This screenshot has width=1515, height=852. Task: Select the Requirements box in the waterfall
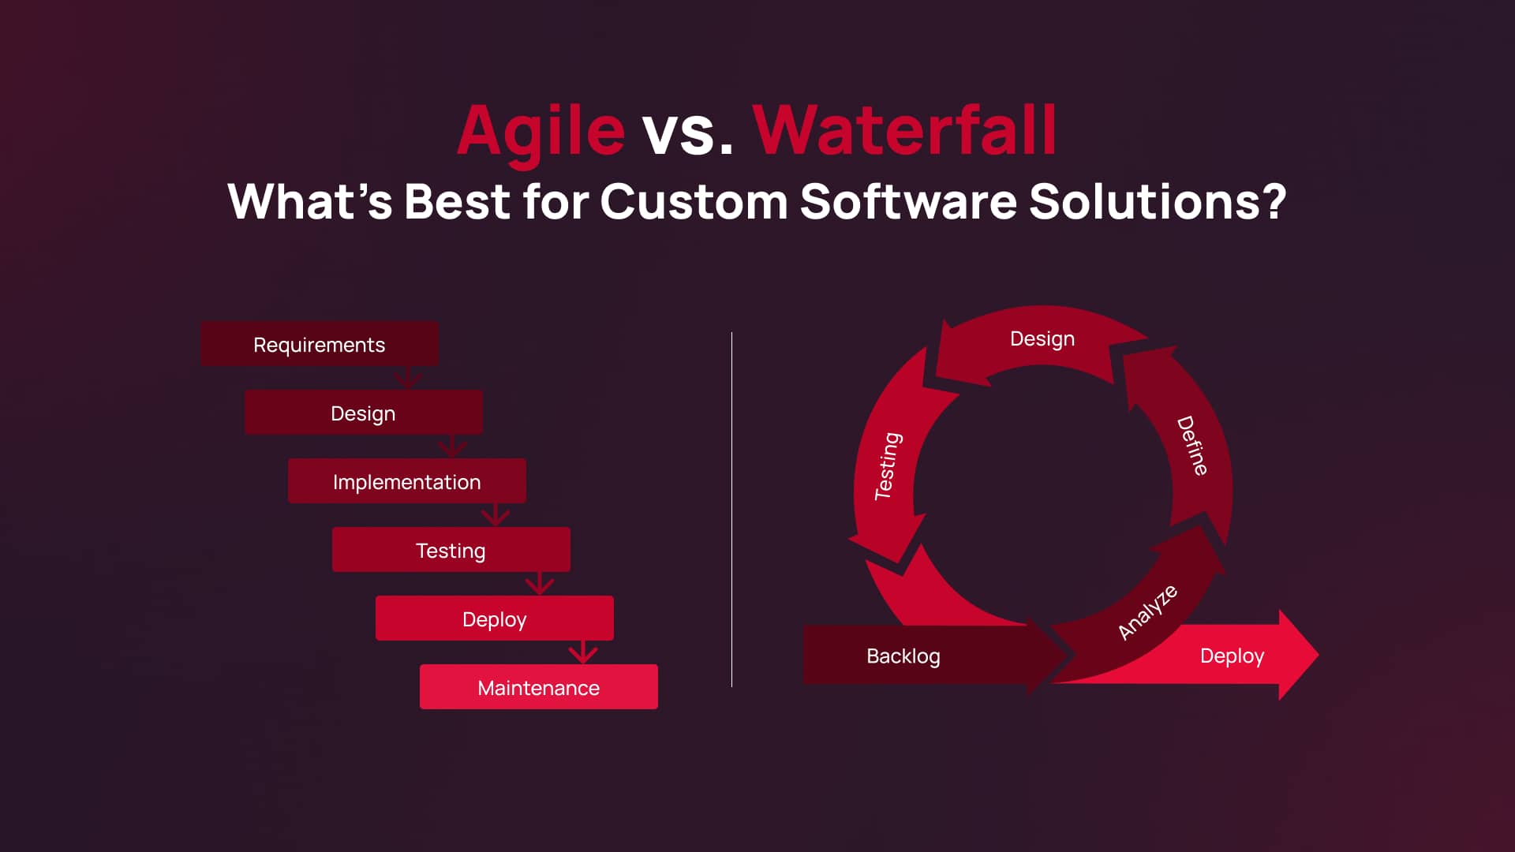coord(320,343)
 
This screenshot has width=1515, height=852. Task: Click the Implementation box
coord(407,480)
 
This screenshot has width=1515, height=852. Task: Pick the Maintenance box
coord(539,686)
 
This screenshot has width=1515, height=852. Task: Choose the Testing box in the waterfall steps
coord(451,549)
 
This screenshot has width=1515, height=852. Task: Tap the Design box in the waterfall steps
coord(364,412)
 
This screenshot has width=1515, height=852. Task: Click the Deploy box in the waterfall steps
coord(495,618)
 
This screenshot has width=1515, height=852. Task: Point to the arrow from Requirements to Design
coord(408,377)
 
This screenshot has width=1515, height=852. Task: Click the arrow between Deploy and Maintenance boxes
coord(583,652)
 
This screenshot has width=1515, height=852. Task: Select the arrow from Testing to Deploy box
coord(540,583)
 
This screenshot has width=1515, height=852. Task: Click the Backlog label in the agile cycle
coord(903,656)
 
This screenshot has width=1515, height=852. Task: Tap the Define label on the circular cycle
coord(1192,446)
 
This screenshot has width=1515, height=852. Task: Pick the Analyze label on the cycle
coord(1148,612)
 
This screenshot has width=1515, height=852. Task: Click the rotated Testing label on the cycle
coord(888,465)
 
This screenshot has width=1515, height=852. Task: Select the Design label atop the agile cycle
coord(1042,338)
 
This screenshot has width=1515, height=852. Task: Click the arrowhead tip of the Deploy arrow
coord(1318,654)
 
